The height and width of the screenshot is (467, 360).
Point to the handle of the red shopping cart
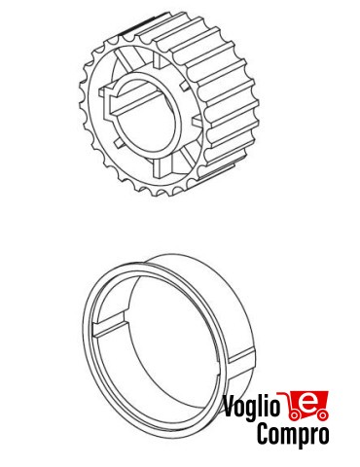[x=290, y=392]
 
